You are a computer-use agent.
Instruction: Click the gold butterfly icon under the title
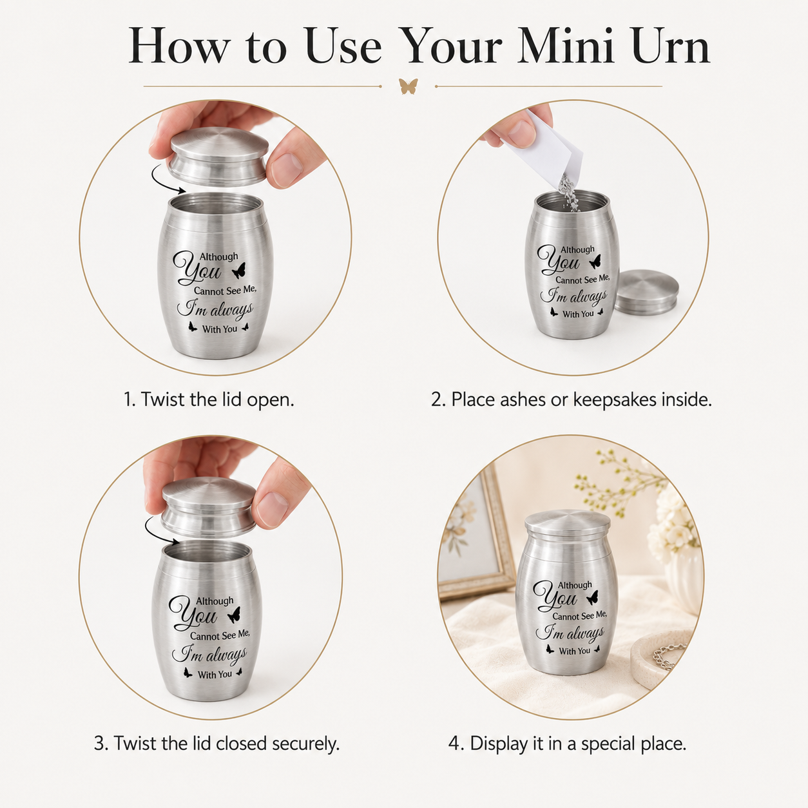pos(409,86)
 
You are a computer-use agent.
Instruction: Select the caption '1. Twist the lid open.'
pos(209,399)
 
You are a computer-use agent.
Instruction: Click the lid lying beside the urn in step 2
pos(646,292)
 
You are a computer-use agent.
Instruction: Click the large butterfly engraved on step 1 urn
pos(240,271)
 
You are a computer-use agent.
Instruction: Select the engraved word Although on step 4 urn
pos(575,585)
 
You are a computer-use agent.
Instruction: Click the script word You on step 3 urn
pos(192,614)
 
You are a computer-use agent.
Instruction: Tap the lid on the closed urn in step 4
pos(568,524)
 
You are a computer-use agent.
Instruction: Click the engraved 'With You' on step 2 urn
pos(578,314)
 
